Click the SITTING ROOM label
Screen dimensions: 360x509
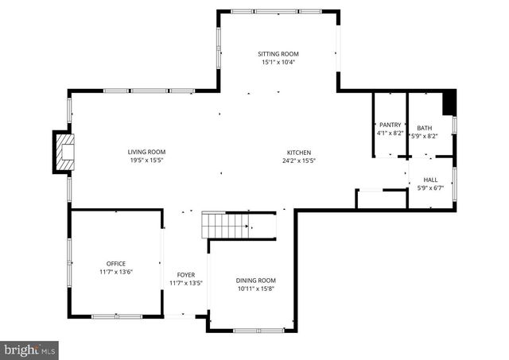tap(278, 54)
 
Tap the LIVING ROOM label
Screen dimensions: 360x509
tap(146, 152)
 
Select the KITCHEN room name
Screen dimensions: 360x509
tap(299, 153)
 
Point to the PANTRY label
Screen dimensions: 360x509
tap(390, 125)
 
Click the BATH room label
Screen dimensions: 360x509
tap(425, 128)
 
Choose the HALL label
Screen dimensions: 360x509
tap(430, 180)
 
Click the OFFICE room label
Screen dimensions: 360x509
tap(116, 263)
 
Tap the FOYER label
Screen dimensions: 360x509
tap(186, 275)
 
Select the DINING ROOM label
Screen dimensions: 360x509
tap(255, 281)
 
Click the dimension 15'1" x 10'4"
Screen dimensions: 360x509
tap(278, 63)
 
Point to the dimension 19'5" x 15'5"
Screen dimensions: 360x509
tap(146, 161)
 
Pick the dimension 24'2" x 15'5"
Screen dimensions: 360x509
tap(299, 161)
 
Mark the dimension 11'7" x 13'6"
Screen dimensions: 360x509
tap(116, 272)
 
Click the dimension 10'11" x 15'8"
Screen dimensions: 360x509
tap(255, 289)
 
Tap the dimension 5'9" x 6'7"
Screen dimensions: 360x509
tap(430, 188)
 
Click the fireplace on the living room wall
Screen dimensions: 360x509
tap(64, 153)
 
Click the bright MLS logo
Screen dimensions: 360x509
tap(30, 349)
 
